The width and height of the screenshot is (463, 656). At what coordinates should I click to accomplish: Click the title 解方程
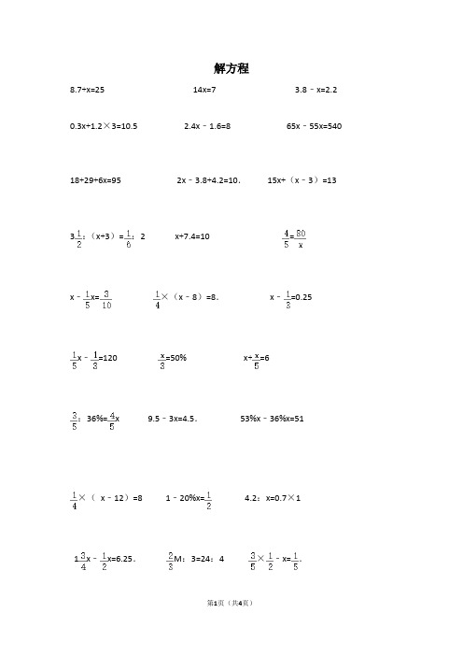point(231,68)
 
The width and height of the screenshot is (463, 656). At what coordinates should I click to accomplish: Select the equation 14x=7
point(203,90)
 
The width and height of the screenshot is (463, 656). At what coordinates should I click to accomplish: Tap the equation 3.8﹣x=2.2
point(316,90)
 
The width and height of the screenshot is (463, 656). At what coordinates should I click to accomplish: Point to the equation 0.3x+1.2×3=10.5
point(104,125)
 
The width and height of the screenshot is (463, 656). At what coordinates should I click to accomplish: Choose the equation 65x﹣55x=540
point(314,125)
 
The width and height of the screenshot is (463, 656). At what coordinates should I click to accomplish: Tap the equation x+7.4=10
point(192,236)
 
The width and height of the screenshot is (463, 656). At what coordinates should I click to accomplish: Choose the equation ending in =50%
point(174,358)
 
